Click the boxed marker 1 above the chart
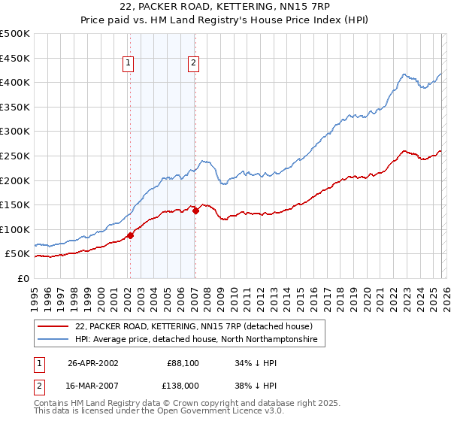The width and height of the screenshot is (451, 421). coord(129,64)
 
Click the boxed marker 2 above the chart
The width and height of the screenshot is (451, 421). coord(194,64)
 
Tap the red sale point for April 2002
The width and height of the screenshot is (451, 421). coord(130,235)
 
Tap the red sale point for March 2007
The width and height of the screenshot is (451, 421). coord(195,211)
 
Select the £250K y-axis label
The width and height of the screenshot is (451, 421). coord(15,156)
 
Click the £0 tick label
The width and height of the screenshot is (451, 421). coord(24,278)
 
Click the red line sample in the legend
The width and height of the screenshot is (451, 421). coord(54,326)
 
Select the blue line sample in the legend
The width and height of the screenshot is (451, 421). coord(54,340)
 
